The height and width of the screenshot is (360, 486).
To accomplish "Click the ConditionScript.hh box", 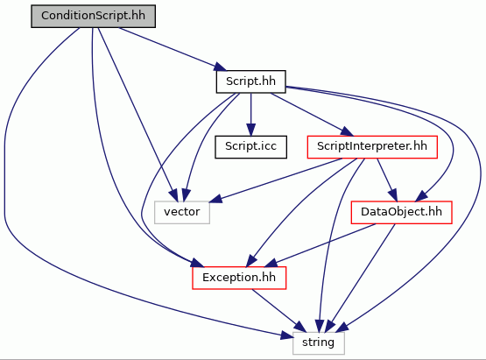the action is click(x=94, y=16).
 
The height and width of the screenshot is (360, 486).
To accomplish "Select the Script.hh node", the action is click(x=250, y=81).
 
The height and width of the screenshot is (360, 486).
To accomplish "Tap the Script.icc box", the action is click(x=250, y=147).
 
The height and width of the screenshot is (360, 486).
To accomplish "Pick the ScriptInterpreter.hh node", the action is click(x=372, y=147).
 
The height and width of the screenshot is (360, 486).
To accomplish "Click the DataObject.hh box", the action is click(x=401, y=212).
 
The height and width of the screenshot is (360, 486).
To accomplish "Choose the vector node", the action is click(x=182, y=212).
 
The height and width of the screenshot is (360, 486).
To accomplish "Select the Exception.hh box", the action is click(x=239, y=278).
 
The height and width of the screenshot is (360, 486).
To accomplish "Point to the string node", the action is click(x=319, y=343).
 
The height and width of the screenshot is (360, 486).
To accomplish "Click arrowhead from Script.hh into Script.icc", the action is click(x=250, y=130).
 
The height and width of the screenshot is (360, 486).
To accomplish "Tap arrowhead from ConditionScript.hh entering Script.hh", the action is click(x=221, y=67).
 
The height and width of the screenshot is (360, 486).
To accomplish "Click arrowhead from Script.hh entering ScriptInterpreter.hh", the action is click(x=347, y=131).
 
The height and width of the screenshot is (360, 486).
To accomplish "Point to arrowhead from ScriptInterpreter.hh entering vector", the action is click(x=216, y=199).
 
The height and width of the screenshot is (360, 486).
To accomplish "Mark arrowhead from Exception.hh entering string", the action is click(x=299, y=327).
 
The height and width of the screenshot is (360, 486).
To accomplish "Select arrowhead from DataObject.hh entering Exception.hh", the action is click(x=271, y=263).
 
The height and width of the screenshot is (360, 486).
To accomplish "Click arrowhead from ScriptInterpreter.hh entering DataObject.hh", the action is click(x=392, y=195).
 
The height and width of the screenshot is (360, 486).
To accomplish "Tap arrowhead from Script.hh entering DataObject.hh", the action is click(x=422, y=196).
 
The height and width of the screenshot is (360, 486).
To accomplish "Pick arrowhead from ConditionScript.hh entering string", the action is click(x=287, y=335).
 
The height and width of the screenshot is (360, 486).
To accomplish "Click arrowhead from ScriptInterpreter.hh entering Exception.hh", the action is click(x=251, y=261).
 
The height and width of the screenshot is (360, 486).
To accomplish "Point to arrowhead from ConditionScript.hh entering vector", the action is click(x=173, y=195).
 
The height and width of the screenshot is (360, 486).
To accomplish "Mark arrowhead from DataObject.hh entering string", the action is click(x=329, y=327).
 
